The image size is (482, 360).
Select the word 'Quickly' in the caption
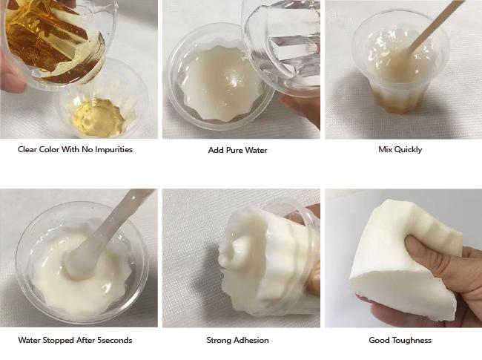click(x=408, y=150)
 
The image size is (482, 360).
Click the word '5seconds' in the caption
click(x=116, y=341)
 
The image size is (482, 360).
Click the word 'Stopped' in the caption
click(x=64, y=341)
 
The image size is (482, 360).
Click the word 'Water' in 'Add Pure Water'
click(x=254, y=150)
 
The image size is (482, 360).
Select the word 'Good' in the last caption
click(x=380, y=341)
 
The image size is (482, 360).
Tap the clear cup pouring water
click(x=285, y=41)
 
